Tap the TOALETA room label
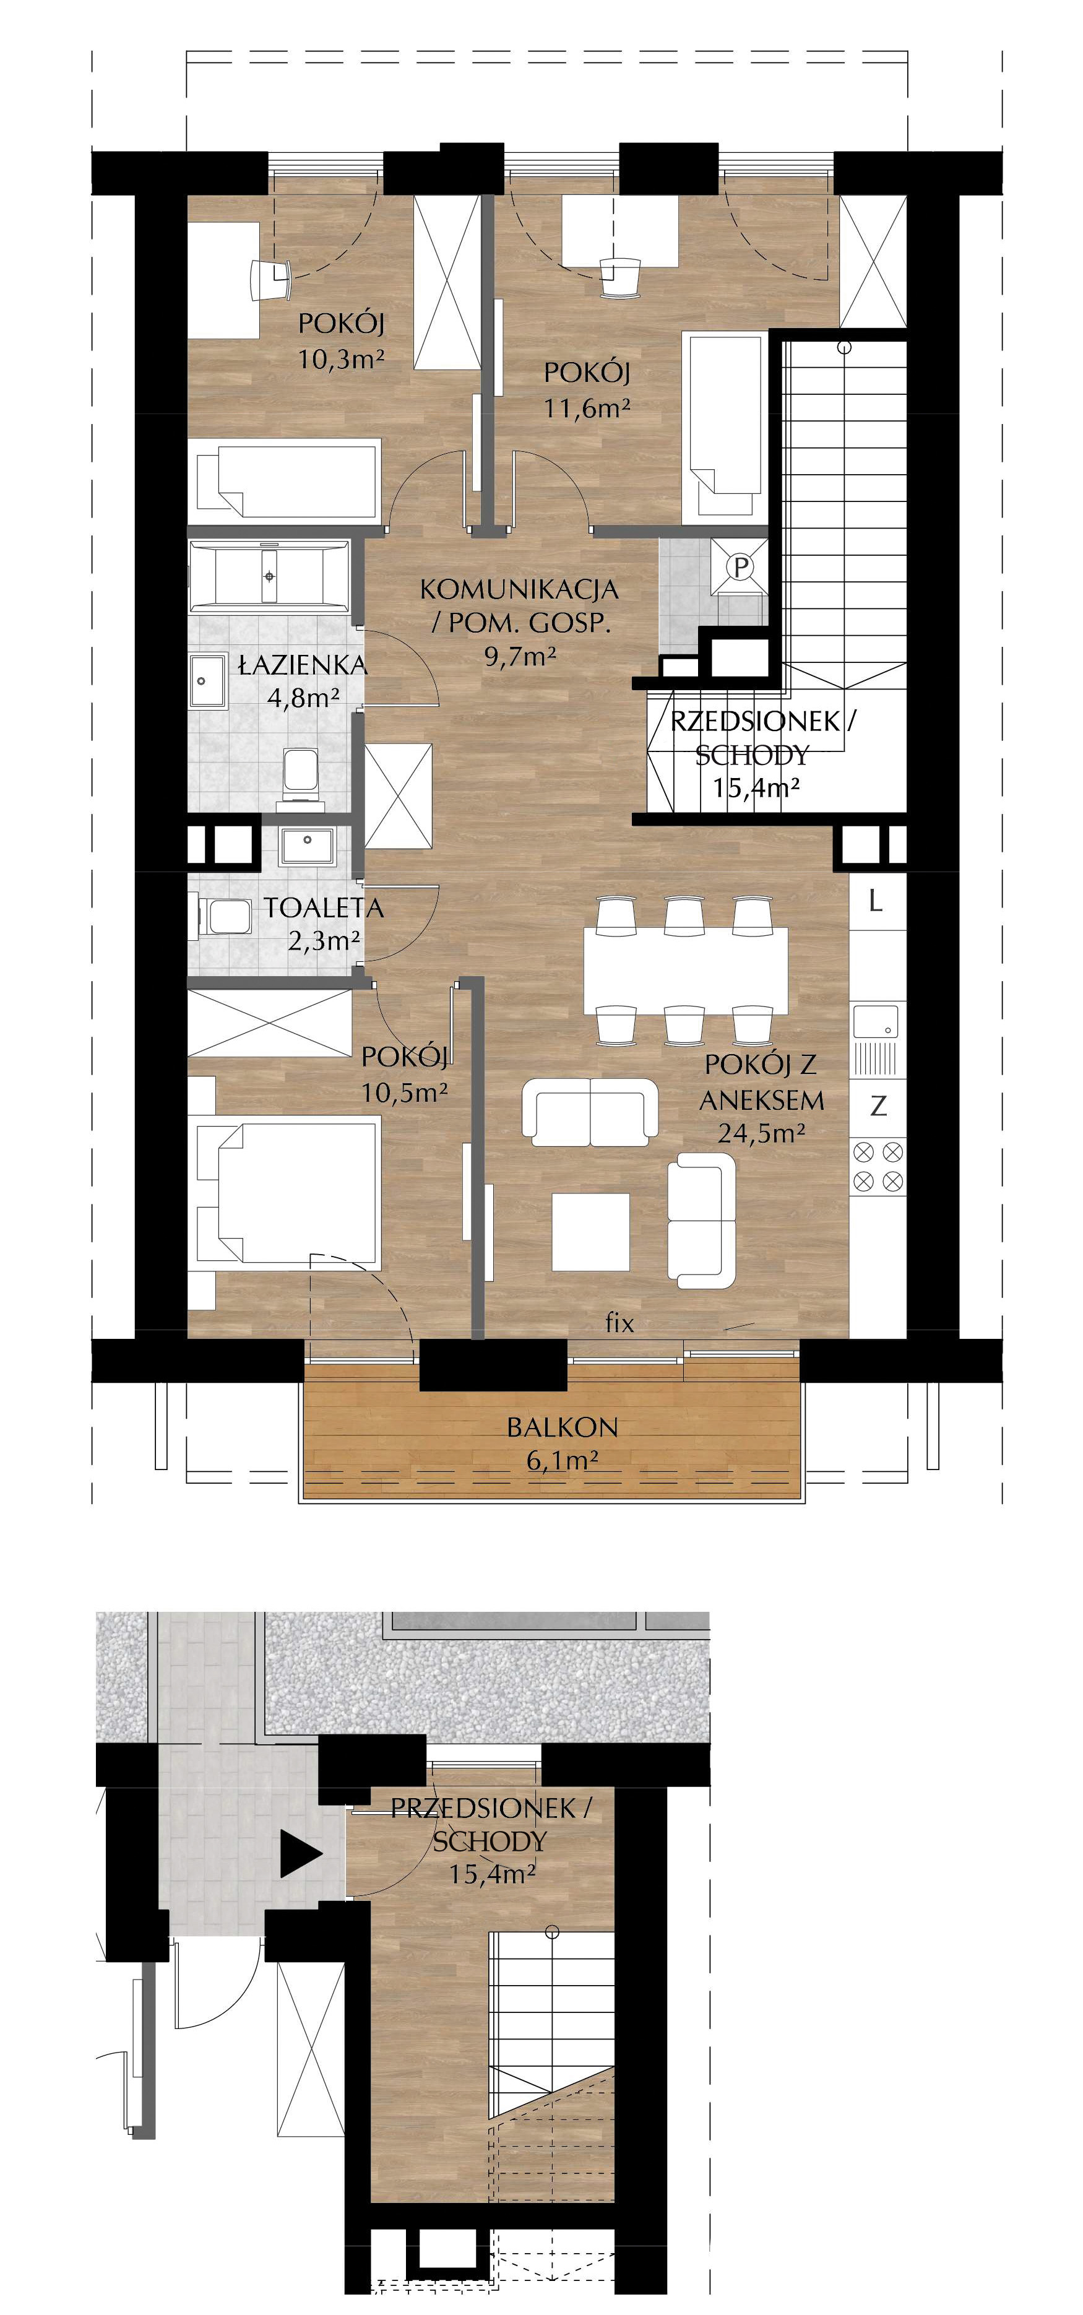pos(324,907)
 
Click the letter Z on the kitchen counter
pos(878,1106)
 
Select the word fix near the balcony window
pos(619,1322)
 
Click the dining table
pos(686,970)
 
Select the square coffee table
pos(590,1231)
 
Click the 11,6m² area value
pos(587,408)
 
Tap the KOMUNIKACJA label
pos(519,589)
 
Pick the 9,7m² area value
pos(519,656)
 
